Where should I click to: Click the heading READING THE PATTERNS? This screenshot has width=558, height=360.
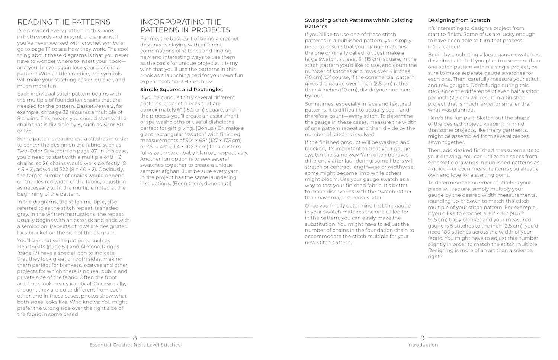[64, 22]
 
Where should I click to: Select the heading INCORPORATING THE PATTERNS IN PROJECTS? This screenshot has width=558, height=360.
[185, 26]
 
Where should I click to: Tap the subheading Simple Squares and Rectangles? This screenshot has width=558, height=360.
[182, 90]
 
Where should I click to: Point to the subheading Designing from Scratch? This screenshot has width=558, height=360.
[459, 20]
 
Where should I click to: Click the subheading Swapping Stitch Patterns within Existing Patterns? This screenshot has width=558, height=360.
[359, 23]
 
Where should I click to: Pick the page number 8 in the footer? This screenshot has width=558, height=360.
[135, 338]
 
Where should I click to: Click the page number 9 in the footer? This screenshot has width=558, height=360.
[422, 338]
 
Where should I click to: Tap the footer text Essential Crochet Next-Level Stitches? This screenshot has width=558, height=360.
[135, 345]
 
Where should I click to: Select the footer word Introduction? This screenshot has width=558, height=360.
[423, 345]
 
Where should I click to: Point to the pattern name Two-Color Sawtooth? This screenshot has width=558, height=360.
[40, 151]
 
